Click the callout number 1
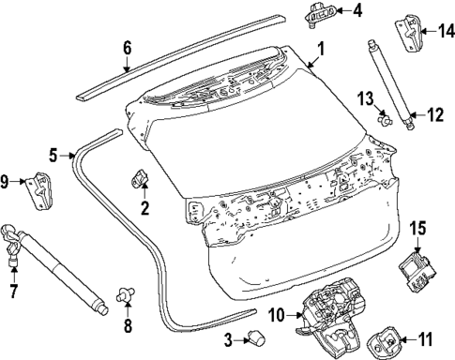click(x=320, y=47)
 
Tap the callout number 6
click(x=128, y=47)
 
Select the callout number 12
click(x=433, y=115)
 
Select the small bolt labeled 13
click(x=384, y=118)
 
